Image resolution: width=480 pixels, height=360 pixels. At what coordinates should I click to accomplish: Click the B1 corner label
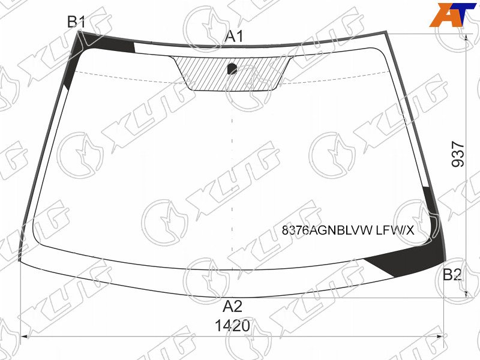point(76,22)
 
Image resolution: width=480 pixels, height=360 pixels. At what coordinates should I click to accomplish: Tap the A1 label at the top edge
point(234,37)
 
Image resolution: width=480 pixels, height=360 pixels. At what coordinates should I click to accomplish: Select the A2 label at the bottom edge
point(233,306)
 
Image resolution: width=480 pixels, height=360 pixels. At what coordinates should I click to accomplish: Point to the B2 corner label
point(452,275)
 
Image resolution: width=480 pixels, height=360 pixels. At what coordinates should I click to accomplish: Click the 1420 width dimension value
point(233,326)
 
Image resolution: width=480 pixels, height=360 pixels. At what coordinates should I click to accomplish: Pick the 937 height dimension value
point(458,154)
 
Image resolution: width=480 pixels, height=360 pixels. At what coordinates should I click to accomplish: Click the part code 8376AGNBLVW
point(327,230)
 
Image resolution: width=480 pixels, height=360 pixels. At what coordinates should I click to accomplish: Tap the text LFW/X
point(395,230)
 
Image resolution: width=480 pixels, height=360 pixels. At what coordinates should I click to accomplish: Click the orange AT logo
point(453,14)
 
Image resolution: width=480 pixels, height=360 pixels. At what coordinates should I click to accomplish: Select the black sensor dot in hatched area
point(232,68)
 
